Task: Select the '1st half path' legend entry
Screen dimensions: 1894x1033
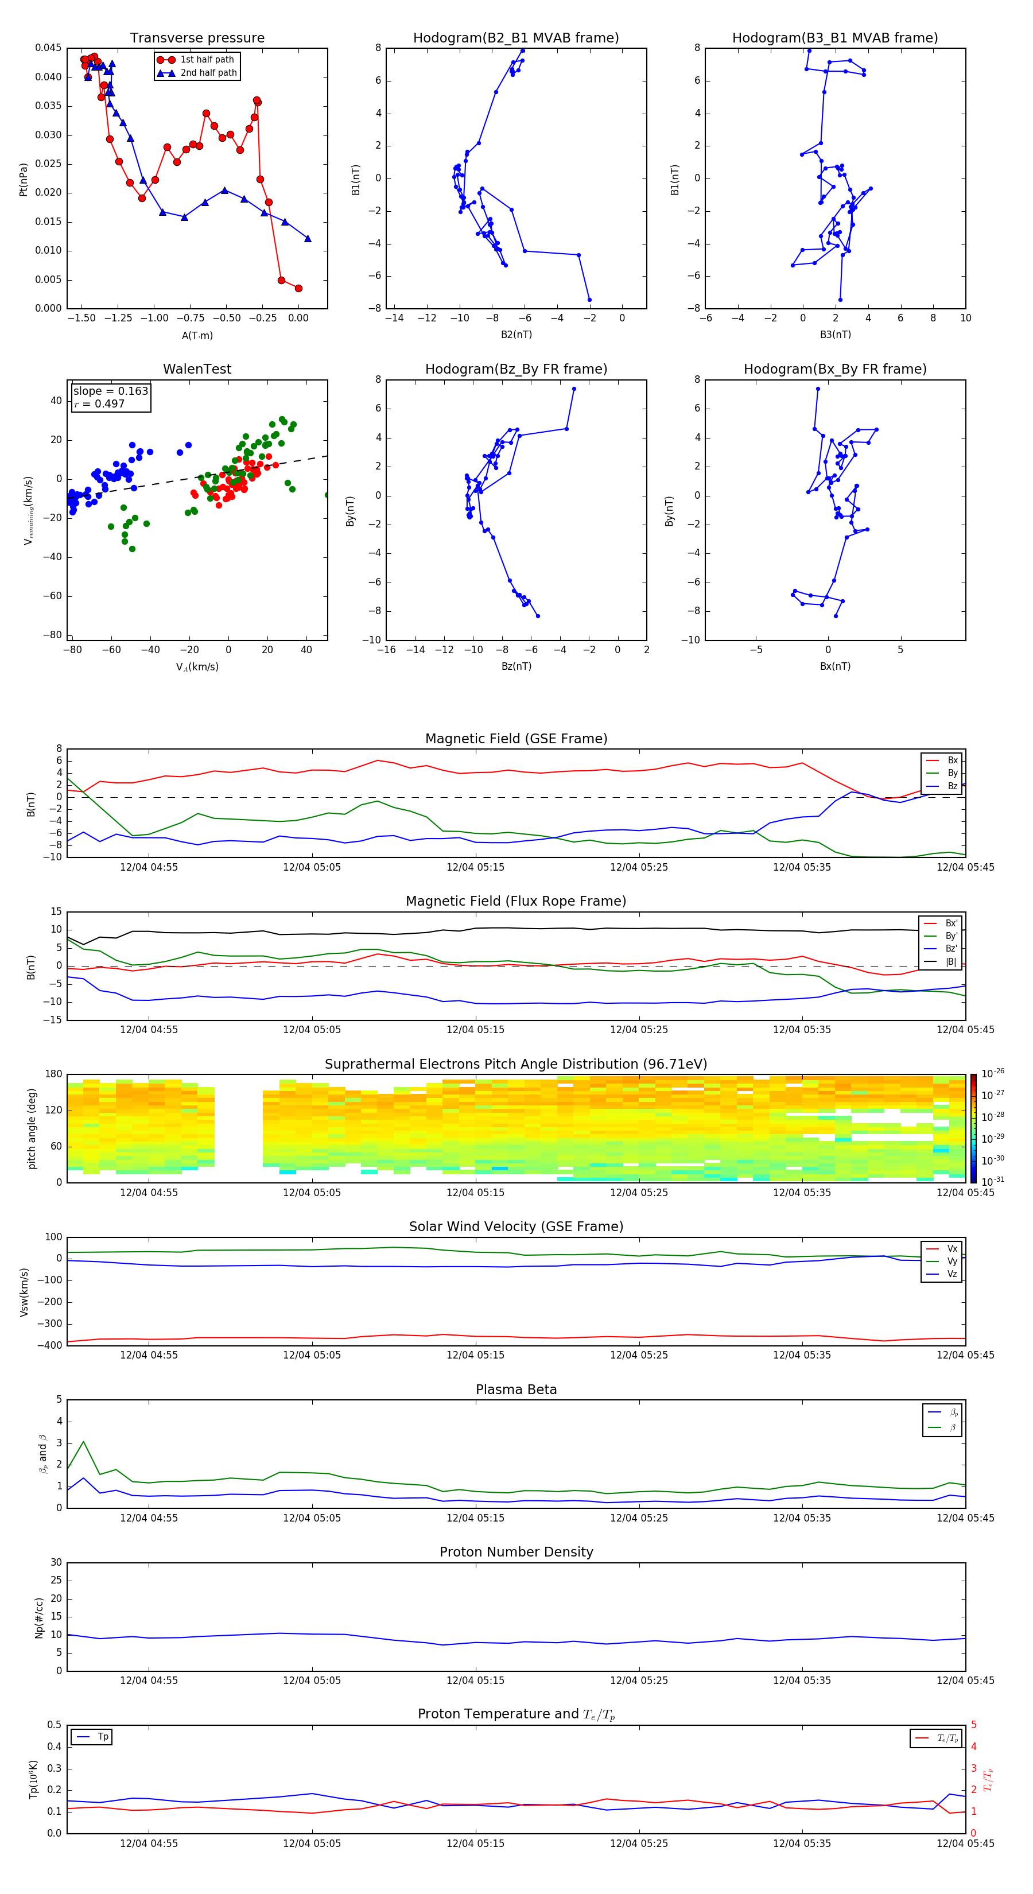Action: click(207, 60)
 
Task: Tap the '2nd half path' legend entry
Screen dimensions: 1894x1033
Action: click(208, 73)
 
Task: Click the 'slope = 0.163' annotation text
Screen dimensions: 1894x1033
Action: click(110, 391)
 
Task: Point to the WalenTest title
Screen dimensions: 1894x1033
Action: click(197, 369)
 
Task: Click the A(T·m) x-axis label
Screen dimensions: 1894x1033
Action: click(197, 335)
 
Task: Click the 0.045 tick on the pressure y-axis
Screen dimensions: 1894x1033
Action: click(49, 48)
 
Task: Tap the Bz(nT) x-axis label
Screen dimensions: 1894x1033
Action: click(516, 666)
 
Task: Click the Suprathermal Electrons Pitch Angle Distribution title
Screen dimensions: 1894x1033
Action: click(516, 1064)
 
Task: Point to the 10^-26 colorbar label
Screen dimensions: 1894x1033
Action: click(993, 1073)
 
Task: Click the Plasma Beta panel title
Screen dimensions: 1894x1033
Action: click(516, 1390)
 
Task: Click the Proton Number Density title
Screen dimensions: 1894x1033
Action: click(516, 1552)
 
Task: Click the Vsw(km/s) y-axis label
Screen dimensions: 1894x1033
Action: click(24, 1292)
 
